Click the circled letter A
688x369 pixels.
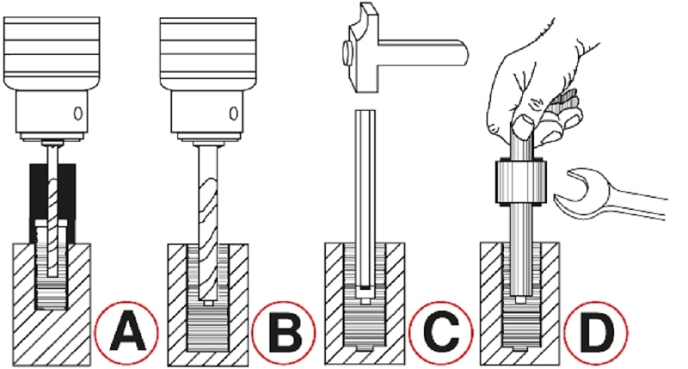pos(126,333)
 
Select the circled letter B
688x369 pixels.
pos(284,333)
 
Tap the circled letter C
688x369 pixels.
pos(441,333)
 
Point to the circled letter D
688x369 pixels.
pos(595,333)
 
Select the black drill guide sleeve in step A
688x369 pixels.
pos(52,203)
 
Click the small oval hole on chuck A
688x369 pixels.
pos(78,114)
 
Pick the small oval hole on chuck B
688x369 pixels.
pos(234,114)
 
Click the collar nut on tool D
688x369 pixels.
pos(521,181)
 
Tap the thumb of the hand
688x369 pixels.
pos(523,126)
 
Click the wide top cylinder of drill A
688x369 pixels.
pos(52,52)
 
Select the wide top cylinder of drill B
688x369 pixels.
pos(208,52)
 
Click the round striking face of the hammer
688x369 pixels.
pos(347,50)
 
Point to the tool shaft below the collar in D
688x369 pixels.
pos(521,250)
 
